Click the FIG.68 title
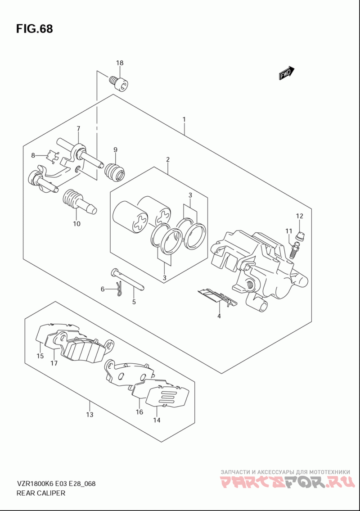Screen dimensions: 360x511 (34, 29)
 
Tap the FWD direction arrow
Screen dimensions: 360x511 (287, 73)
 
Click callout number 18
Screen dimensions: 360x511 (120, 63)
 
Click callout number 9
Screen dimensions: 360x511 (115, 149)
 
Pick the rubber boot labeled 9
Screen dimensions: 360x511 (114, 172)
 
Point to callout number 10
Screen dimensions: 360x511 (76, 224)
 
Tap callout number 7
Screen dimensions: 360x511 (78, 128)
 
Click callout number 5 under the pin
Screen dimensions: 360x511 (134, 302)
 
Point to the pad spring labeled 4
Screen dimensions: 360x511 (218, 296)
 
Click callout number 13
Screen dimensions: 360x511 (90, 415)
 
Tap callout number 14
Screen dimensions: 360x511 (157, 420)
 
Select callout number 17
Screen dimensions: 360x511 (54, 363)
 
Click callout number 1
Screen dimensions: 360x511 (184, 120)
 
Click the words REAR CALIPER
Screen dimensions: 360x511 (40, 493)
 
